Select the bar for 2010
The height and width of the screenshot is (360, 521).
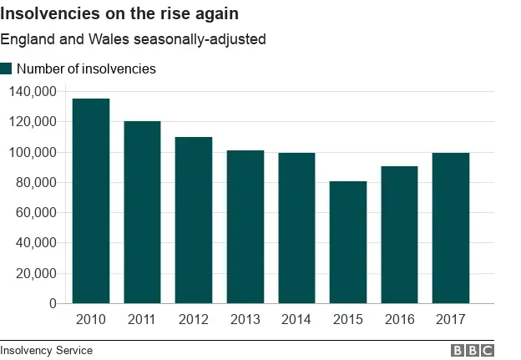click(x=91, y=201)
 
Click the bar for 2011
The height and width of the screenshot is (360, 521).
click(x=142, y=212)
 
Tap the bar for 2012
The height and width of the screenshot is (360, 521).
click(x=194, y=221)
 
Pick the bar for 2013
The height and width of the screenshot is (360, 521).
click(x=245, y=227)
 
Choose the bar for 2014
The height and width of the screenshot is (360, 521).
click(x=296, y=228)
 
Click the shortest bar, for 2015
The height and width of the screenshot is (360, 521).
click(x=348, y=242)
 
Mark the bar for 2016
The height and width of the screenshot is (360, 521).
click(x=399, y=235)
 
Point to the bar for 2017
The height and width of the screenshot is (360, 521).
click(x=451, y=228)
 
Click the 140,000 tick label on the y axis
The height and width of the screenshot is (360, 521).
click(x=33, y=92)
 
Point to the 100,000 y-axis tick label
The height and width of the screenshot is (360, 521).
click(x=33, y=153)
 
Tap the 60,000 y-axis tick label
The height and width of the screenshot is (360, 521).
click(x=36, y=213)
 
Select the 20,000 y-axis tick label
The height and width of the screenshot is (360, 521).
click(x=36, y=273)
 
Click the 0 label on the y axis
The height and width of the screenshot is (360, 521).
click(x=52, y=304)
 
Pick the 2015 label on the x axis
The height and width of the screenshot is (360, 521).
click(x=348, y=320)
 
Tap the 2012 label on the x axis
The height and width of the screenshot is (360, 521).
click(x=194, y=320)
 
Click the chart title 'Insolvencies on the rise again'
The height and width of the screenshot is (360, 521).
click(x=119, y=14)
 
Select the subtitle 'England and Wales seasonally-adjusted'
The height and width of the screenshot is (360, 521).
click(x=133, y=40)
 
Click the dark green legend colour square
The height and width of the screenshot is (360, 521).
click(x=6, y=69)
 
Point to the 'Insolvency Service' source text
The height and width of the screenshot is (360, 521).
click(x=47, y=351)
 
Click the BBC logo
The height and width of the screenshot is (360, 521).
click(x=473, y=351)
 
